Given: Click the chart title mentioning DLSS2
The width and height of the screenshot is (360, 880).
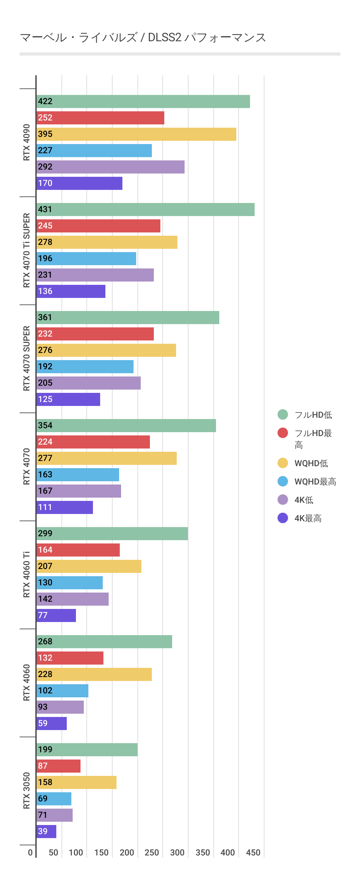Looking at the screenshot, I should [x=143, y=37].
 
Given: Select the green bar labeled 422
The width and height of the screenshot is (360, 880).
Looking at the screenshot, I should [x=143, y=101].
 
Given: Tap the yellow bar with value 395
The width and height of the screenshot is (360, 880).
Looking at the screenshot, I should [x=136, y=134].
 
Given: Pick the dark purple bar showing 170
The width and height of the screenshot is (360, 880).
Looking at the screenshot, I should [x=79, y=183].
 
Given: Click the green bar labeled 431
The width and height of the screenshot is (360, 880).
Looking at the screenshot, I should [x=146, y=210].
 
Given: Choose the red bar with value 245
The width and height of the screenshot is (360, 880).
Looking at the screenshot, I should [x=99, y=226].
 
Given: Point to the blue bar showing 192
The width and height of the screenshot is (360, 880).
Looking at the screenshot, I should [x=85, y=367].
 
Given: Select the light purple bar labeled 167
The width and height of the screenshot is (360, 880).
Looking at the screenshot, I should [x=79, y=491].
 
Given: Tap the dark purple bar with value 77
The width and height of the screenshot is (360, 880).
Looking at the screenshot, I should [x=56, y=615].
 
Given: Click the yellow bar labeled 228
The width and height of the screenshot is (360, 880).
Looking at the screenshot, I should [x=94, y=674].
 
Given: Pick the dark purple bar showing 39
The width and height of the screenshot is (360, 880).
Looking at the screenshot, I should [x=46, y=831].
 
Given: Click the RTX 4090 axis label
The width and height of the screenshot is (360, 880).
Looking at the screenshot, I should [x=27, y=142].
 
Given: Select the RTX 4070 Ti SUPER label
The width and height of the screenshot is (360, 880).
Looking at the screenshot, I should [x=27, y=250].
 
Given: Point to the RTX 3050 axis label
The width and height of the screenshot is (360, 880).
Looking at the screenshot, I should [x=27, y=790].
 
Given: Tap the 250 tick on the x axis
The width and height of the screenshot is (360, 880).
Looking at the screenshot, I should [x=152, y=852].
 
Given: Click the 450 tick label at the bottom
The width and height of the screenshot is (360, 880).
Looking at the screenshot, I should [x=253, y=852].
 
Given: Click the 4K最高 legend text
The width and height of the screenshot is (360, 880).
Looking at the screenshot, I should [x=308, y=518].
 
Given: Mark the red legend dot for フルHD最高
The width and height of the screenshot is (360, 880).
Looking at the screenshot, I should [x=282, y=433].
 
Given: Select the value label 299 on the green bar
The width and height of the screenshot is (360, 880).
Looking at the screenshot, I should [x=45, y=533].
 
